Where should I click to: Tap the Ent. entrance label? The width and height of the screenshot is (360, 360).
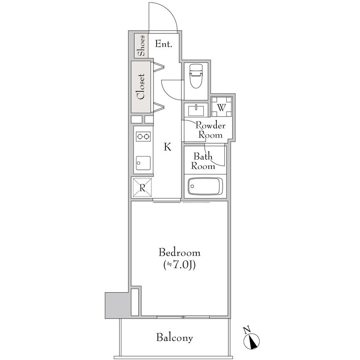point(163,44)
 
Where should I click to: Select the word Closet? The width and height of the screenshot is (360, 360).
point(141,87)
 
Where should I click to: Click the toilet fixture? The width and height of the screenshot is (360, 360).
point(196,76)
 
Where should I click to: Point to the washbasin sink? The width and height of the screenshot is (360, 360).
point(196,111)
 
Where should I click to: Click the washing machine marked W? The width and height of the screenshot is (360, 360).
point(222,107)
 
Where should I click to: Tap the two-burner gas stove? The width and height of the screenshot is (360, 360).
point(143,137)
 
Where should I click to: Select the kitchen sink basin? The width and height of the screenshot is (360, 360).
point(143,163)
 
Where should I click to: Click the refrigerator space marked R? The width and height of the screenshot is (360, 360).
point(142,188)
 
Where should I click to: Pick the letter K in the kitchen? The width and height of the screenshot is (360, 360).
point(168,146)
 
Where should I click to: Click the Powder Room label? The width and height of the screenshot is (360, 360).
point(210,130)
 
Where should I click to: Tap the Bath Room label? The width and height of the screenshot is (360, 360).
point(203,161)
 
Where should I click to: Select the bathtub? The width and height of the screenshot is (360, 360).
point(205,186)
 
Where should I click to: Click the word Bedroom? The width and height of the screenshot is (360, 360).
point(179,252)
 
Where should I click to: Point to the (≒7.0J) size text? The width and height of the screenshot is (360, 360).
point(179,265)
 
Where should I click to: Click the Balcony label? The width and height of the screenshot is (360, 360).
point(174,338)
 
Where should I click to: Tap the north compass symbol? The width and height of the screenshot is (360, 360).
point(252,338)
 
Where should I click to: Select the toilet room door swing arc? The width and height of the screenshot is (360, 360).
point(169,94)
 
